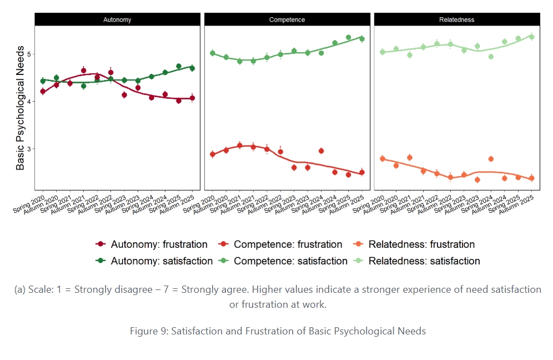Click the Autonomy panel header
117,20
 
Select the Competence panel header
287,20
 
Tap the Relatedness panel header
456,20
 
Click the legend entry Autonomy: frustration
152,244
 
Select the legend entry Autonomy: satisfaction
154,261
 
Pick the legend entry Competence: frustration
281,244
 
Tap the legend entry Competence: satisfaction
283,261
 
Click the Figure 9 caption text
278,331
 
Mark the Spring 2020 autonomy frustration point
43,91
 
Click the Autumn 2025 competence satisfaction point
361,38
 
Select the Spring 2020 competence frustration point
212,154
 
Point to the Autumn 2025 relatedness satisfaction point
531,37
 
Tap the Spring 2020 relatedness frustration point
382,159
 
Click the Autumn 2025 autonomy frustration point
192,98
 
